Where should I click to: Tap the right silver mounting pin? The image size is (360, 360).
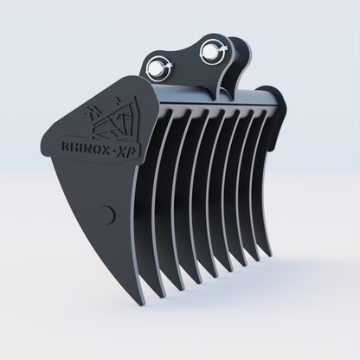(208, 52)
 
